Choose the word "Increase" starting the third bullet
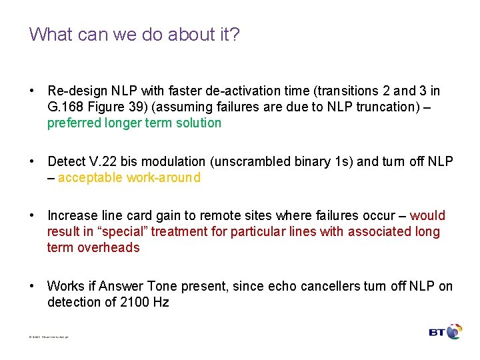(x=71, y=215)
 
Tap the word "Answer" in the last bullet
(x=121, y=286)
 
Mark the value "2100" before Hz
(x=135, y=302)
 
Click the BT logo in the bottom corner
(x=445, y=332)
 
